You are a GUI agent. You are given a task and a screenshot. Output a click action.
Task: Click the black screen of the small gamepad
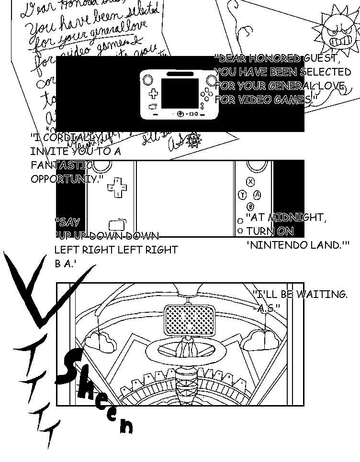(x=180, y=94)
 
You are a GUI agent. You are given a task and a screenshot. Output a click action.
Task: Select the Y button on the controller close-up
(x=242, y=195)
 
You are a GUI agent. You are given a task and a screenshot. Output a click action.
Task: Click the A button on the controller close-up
(x=257, y=195)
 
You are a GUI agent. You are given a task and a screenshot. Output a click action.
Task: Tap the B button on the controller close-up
(x=250, y=207)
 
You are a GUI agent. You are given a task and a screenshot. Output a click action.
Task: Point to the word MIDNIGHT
(x=297, y=217)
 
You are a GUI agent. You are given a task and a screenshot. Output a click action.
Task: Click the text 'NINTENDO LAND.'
(x=297, y=245)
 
